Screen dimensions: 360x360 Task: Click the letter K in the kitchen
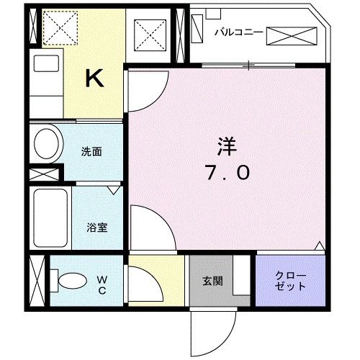(94, 78)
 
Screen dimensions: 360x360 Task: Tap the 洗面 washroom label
(91, 152)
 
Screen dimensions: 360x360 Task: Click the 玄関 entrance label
(212, 281)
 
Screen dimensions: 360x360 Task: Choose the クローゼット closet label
(291, 281)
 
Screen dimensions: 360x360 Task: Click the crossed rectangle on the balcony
(292, 35)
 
